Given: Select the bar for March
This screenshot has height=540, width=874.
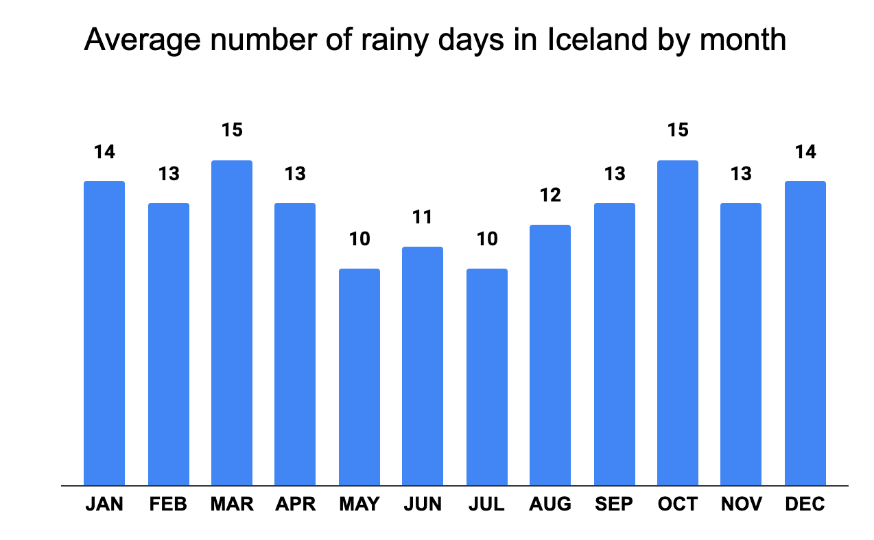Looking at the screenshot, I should coord(232,323).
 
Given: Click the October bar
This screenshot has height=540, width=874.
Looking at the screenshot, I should coord(677,323).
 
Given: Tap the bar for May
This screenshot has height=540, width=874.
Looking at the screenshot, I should coord(359,377).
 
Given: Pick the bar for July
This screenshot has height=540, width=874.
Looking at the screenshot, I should coord(487,377).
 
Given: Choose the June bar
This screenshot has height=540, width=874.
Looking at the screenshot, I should coord(423,366).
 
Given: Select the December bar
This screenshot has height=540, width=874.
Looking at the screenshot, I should coord(805,333).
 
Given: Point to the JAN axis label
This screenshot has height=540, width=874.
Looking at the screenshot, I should coord(104,505).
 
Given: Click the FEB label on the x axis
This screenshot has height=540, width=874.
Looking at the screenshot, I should coord(168,505).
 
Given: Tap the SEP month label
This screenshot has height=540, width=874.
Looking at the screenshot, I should coord(614,505).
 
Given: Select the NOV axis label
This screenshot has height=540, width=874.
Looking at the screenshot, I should coord(742,505).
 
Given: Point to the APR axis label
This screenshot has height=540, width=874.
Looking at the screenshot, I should coord(295,505).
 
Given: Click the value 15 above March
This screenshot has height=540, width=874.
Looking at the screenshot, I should coord(232,130).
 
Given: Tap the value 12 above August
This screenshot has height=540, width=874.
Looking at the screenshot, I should coord(550,195).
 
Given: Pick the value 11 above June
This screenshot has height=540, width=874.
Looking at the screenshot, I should coord(423,217).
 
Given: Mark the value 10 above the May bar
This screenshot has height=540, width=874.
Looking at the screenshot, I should coord(359,239).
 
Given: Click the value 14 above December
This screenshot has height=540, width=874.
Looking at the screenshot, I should coord(805,151).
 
